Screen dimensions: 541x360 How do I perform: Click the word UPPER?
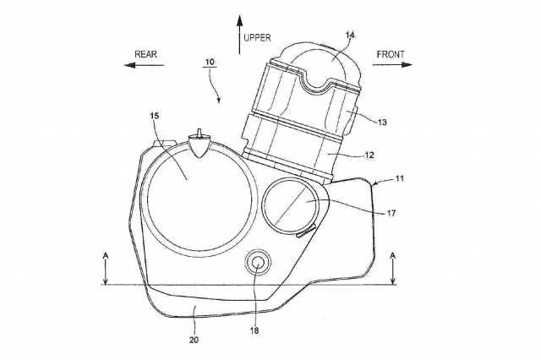pos(257,37)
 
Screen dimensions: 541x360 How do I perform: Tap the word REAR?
pos(145,54)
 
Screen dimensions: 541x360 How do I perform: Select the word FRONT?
pos(391,54)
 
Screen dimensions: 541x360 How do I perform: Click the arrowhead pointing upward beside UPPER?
pos(239,20)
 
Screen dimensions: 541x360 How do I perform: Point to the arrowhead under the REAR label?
pos(129,65)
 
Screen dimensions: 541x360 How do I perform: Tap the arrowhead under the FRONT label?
pos(407,65)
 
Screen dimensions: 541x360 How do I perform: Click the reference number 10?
pos(210,62)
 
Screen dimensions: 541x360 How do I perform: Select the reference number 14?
pos(350,35)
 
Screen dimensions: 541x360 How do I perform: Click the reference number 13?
pos(382,122)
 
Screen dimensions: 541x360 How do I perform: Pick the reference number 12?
pos(369,155)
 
